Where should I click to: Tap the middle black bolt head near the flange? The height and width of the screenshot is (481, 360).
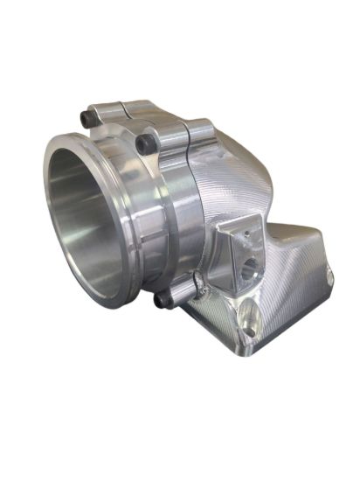click(142, 142)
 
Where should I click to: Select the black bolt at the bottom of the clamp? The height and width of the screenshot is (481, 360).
click(163, 300)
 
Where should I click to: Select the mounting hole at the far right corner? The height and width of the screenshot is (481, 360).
click(329, 277)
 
